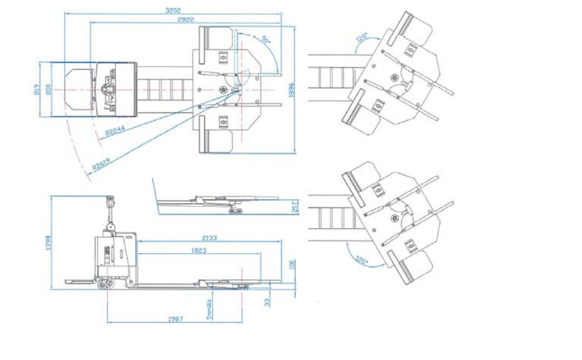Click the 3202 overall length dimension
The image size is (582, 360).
173,10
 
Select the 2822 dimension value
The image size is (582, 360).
186,19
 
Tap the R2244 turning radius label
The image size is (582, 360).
115,131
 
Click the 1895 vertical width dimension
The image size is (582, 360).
292,90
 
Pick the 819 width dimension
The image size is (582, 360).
37,90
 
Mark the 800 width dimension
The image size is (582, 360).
48,90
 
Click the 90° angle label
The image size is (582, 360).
265,39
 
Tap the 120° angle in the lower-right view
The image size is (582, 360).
361,261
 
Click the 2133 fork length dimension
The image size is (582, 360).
209,238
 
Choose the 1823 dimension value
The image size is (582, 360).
198,250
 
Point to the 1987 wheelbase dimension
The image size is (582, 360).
175,319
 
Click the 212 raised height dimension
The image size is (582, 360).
295,207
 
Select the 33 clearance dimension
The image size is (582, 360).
267,302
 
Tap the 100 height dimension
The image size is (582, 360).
292,264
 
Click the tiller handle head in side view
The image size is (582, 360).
110,200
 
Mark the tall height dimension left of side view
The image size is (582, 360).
48,243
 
